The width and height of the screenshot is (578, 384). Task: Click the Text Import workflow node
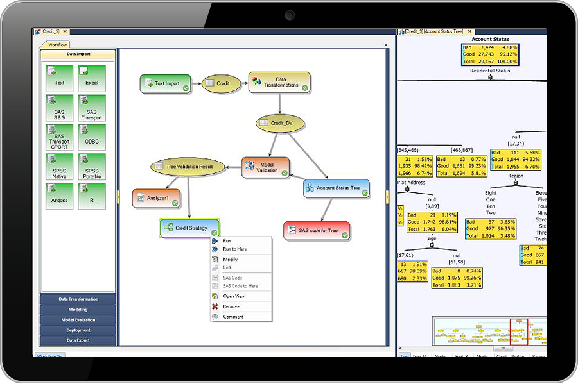coord(165,83)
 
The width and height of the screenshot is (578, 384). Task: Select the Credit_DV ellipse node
coord(279,122)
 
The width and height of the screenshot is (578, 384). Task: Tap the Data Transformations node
coord(279,83)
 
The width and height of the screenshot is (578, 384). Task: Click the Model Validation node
coord(265,167)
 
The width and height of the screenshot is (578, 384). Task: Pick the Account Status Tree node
coord(336,188)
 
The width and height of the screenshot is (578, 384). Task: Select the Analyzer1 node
coord(157,198)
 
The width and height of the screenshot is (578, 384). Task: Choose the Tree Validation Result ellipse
coord(189,167)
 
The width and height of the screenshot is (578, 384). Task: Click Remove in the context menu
coord(231,306)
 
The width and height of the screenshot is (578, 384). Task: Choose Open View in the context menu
coord(233,296)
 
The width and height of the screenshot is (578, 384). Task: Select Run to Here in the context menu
coord(234,249)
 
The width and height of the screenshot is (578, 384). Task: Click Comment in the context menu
coord(232,317)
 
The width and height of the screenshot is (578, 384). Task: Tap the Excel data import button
coord(92,78)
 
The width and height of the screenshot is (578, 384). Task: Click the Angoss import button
coord(59,196)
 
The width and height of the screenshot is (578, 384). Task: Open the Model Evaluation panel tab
coord(78,320)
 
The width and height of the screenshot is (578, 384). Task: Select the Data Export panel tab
coord(78,340)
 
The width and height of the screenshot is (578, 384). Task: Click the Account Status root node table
coord(489,54)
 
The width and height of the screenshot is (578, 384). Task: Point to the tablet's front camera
coord(290,14)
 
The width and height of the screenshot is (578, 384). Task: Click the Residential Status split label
coord(490,71)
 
